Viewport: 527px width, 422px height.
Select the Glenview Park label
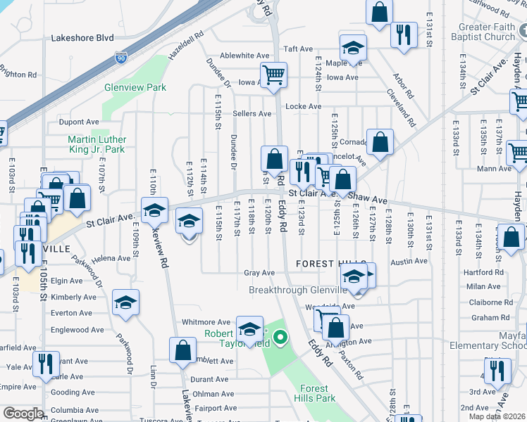135,87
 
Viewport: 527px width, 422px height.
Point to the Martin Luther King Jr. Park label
96,144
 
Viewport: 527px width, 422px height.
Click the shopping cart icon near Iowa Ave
273,74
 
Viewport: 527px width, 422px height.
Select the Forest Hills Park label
314,393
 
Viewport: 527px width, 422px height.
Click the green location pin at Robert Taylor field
280,339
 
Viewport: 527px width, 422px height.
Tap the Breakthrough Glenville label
299,290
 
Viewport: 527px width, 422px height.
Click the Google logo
23,414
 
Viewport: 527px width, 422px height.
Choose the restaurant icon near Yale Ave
42,363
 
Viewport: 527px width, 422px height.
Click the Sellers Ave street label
252,113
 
